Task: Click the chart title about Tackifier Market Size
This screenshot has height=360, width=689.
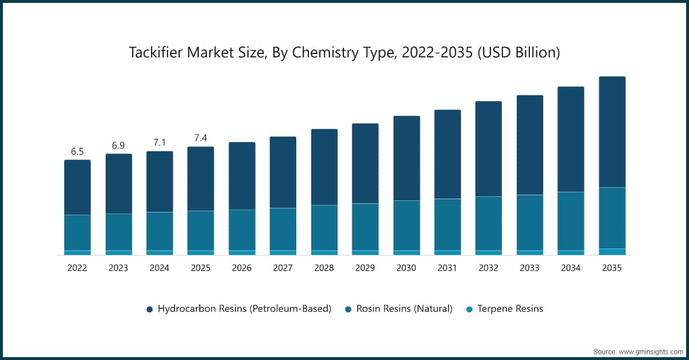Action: pos(344,53)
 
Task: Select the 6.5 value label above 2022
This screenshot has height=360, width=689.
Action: pos(77,152)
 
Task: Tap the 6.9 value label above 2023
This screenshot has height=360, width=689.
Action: pos(118,146)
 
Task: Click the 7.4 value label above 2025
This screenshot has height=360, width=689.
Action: pos(200,138)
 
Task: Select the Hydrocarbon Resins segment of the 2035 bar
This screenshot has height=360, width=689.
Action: pos(612,132)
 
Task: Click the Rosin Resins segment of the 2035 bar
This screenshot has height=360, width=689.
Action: pos(612,218)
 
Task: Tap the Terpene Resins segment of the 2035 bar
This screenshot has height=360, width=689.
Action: pos(612,251)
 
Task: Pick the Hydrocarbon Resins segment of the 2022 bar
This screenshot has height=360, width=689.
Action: pos(77,187)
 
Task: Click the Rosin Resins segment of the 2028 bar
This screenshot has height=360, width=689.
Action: pos(324,228)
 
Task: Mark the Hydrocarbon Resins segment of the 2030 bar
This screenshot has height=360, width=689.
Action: pos(407,158)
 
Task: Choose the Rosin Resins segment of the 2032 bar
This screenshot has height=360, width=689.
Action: pos(489,223)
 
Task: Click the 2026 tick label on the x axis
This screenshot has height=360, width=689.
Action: pos(242,268)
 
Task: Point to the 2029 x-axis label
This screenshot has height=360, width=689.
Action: pos(365,268)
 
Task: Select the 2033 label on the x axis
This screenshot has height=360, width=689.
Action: pos(530,268)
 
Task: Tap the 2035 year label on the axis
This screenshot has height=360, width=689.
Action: pos(612,268)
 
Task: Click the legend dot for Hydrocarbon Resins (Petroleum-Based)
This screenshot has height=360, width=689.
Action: pos(150,309)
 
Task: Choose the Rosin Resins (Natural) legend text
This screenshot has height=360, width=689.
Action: pos(404,309)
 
